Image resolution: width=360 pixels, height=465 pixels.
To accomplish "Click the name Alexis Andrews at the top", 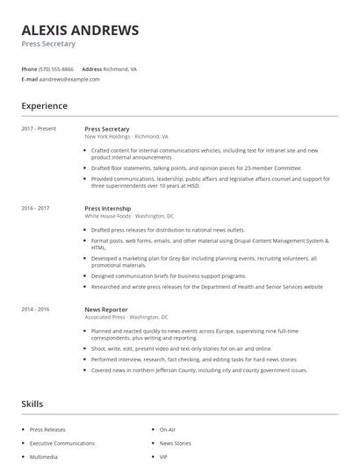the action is (x=80, y=30).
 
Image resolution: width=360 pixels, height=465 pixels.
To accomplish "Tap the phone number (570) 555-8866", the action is (x=57, y=68).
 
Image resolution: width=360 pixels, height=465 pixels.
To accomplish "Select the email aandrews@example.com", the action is (x=69, y=79).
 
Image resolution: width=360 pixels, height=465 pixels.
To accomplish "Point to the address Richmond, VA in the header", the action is (x=120, y=68).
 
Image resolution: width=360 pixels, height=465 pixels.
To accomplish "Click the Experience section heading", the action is (x=44, y=106).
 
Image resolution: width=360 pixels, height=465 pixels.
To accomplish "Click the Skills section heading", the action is (x=32, y=404).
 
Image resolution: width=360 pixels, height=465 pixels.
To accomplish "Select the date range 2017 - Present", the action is (x=39, y=129).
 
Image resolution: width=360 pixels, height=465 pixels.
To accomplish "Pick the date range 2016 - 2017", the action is (x=35, y=208).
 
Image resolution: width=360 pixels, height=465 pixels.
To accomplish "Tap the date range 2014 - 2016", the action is (x=35, y=310).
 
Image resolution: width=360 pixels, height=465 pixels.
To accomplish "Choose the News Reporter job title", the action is (x=106, y=310).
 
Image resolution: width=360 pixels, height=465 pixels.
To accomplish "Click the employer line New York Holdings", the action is (x=126, y=137).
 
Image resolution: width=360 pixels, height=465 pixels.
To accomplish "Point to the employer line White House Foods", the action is (x=129, y=216).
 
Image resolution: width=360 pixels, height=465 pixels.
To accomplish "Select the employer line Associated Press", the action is (x=126, y=318).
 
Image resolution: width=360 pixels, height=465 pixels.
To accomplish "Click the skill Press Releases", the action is (x=47, y=430).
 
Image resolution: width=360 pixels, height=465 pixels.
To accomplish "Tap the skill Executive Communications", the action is (x=61, y=444).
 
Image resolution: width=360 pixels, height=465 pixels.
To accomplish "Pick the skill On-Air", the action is (x=167, y=430).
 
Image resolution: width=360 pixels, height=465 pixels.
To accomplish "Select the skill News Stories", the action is (x=175, y=444).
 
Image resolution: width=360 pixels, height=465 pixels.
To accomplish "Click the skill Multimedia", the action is (x=45, y=457).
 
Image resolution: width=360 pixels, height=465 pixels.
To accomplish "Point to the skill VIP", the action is (x=163, y=457).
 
